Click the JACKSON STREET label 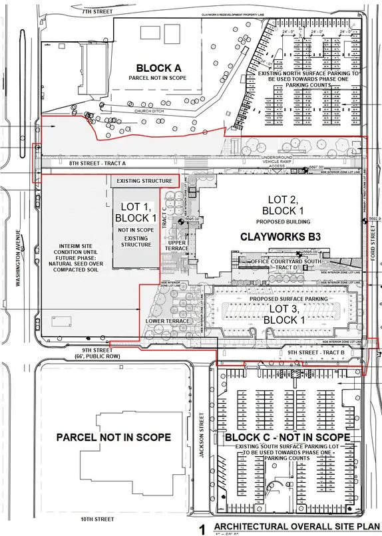(x=202, y=432)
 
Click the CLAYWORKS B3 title (x=272, y=237)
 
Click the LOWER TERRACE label (x=163, y=321)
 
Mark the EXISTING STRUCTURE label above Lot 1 (x=144, y=181)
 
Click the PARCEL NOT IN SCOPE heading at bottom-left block (x=113, y=438)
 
